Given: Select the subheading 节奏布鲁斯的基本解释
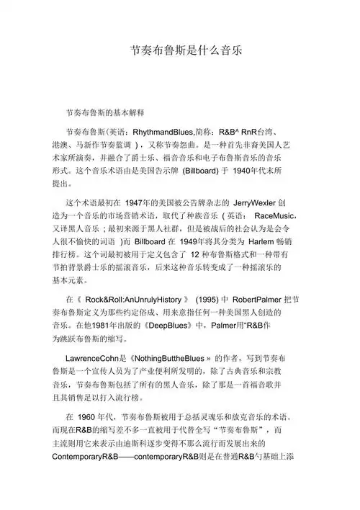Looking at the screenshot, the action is click(x=105, y=113).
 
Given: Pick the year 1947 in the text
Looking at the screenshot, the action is click(x=150, y=203).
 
